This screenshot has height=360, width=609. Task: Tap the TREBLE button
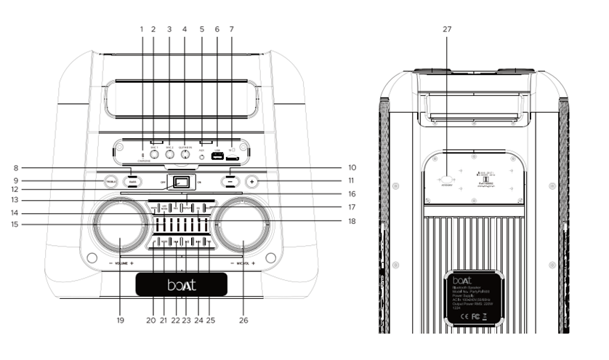pyautogui.click(x=110, y=180)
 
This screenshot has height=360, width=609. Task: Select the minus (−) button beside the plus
pyautogui.click(x=231, y=180)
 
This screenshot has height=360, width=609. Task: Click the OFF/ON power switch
pyautogui.click(x=182, y=182)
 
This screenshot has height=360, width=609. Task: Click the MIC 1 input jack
pyautogui.click(x=154, y=155)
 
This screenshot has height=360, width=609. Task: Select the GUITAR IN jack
pyautogui.click(x=185, y=155)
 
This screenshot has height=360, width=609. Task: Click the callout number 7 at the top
pyautogui.click(x=231, y=28)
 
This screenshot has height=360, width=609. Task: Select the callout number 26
pyautogui.click(x=241, y=319)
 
